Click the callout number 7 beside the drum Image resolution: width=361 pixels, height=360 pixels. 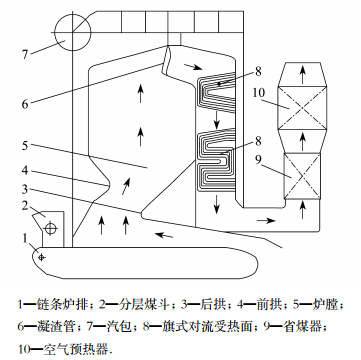(25, 54)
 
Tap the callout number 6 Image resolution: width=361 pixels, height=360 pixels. (25, 104)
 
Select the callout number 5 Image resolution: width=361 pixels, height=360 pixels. (25, 146)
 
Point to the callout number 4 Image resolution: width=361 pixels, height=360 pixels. (25, 171)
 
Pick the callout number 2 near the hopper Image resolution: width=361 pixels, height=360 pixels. (25, 206)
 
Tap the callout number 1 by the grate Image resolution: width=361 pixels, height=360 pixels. (25, 238)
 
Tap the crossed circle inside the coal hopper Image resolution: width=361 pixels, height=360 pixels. (51, 228)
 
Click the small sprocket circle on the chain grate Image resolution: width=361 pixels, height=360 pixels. (41, 257)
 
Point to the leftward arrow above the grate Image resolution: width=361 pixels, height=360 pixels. (165, 235)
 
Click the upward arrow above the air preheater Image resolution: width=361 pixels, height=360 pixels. (302, 75)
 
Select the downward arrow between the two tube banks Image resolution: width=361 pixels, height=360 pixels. (217, 120)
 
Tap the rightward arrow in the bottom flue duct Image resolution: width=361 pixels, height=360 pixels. (266, 220)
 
